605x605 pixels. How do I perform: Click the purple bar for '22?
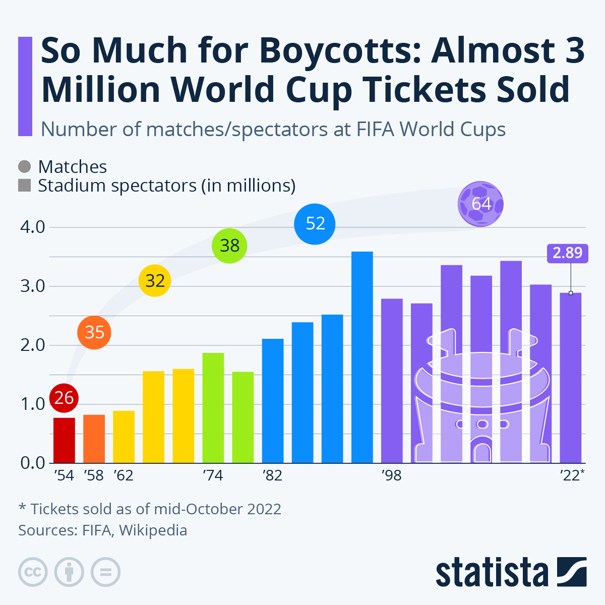click(x=571, y=378)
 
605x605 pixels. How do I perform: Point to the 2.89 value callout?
click(x=567, y=253)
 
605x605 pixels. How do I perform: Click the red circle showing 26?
click(x=64, y=398)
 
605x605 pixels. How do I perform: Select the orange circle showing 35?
click(x=94, y=332)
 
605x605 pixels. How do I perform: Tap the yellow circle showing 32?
click(x=155, y=280)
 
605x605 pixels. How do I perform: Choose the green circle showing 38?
click(x=229, y=246)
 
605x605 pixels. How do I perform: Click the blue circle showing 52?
click(x=315, y=223)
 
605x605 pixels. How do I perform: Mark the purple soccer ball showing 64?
click(x=481, y=204)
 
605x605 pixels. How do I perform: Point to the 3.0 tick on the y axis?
click(x=33, y=286)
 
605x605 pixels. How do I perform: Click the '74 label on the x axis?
click(x=212, y=475)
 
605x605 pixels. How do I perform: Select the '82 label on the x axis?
click(x=272, y=475)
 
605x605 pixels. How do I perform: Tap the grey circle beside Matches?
click(x=24, y=167)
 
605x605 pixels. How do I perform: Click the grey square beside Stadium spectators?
click(x=24, y=186)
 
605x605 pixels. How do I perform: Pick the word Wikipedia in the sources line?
click(x=153, y=530)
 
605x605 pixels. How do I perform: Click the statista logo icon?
click(x=572, y=572)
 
